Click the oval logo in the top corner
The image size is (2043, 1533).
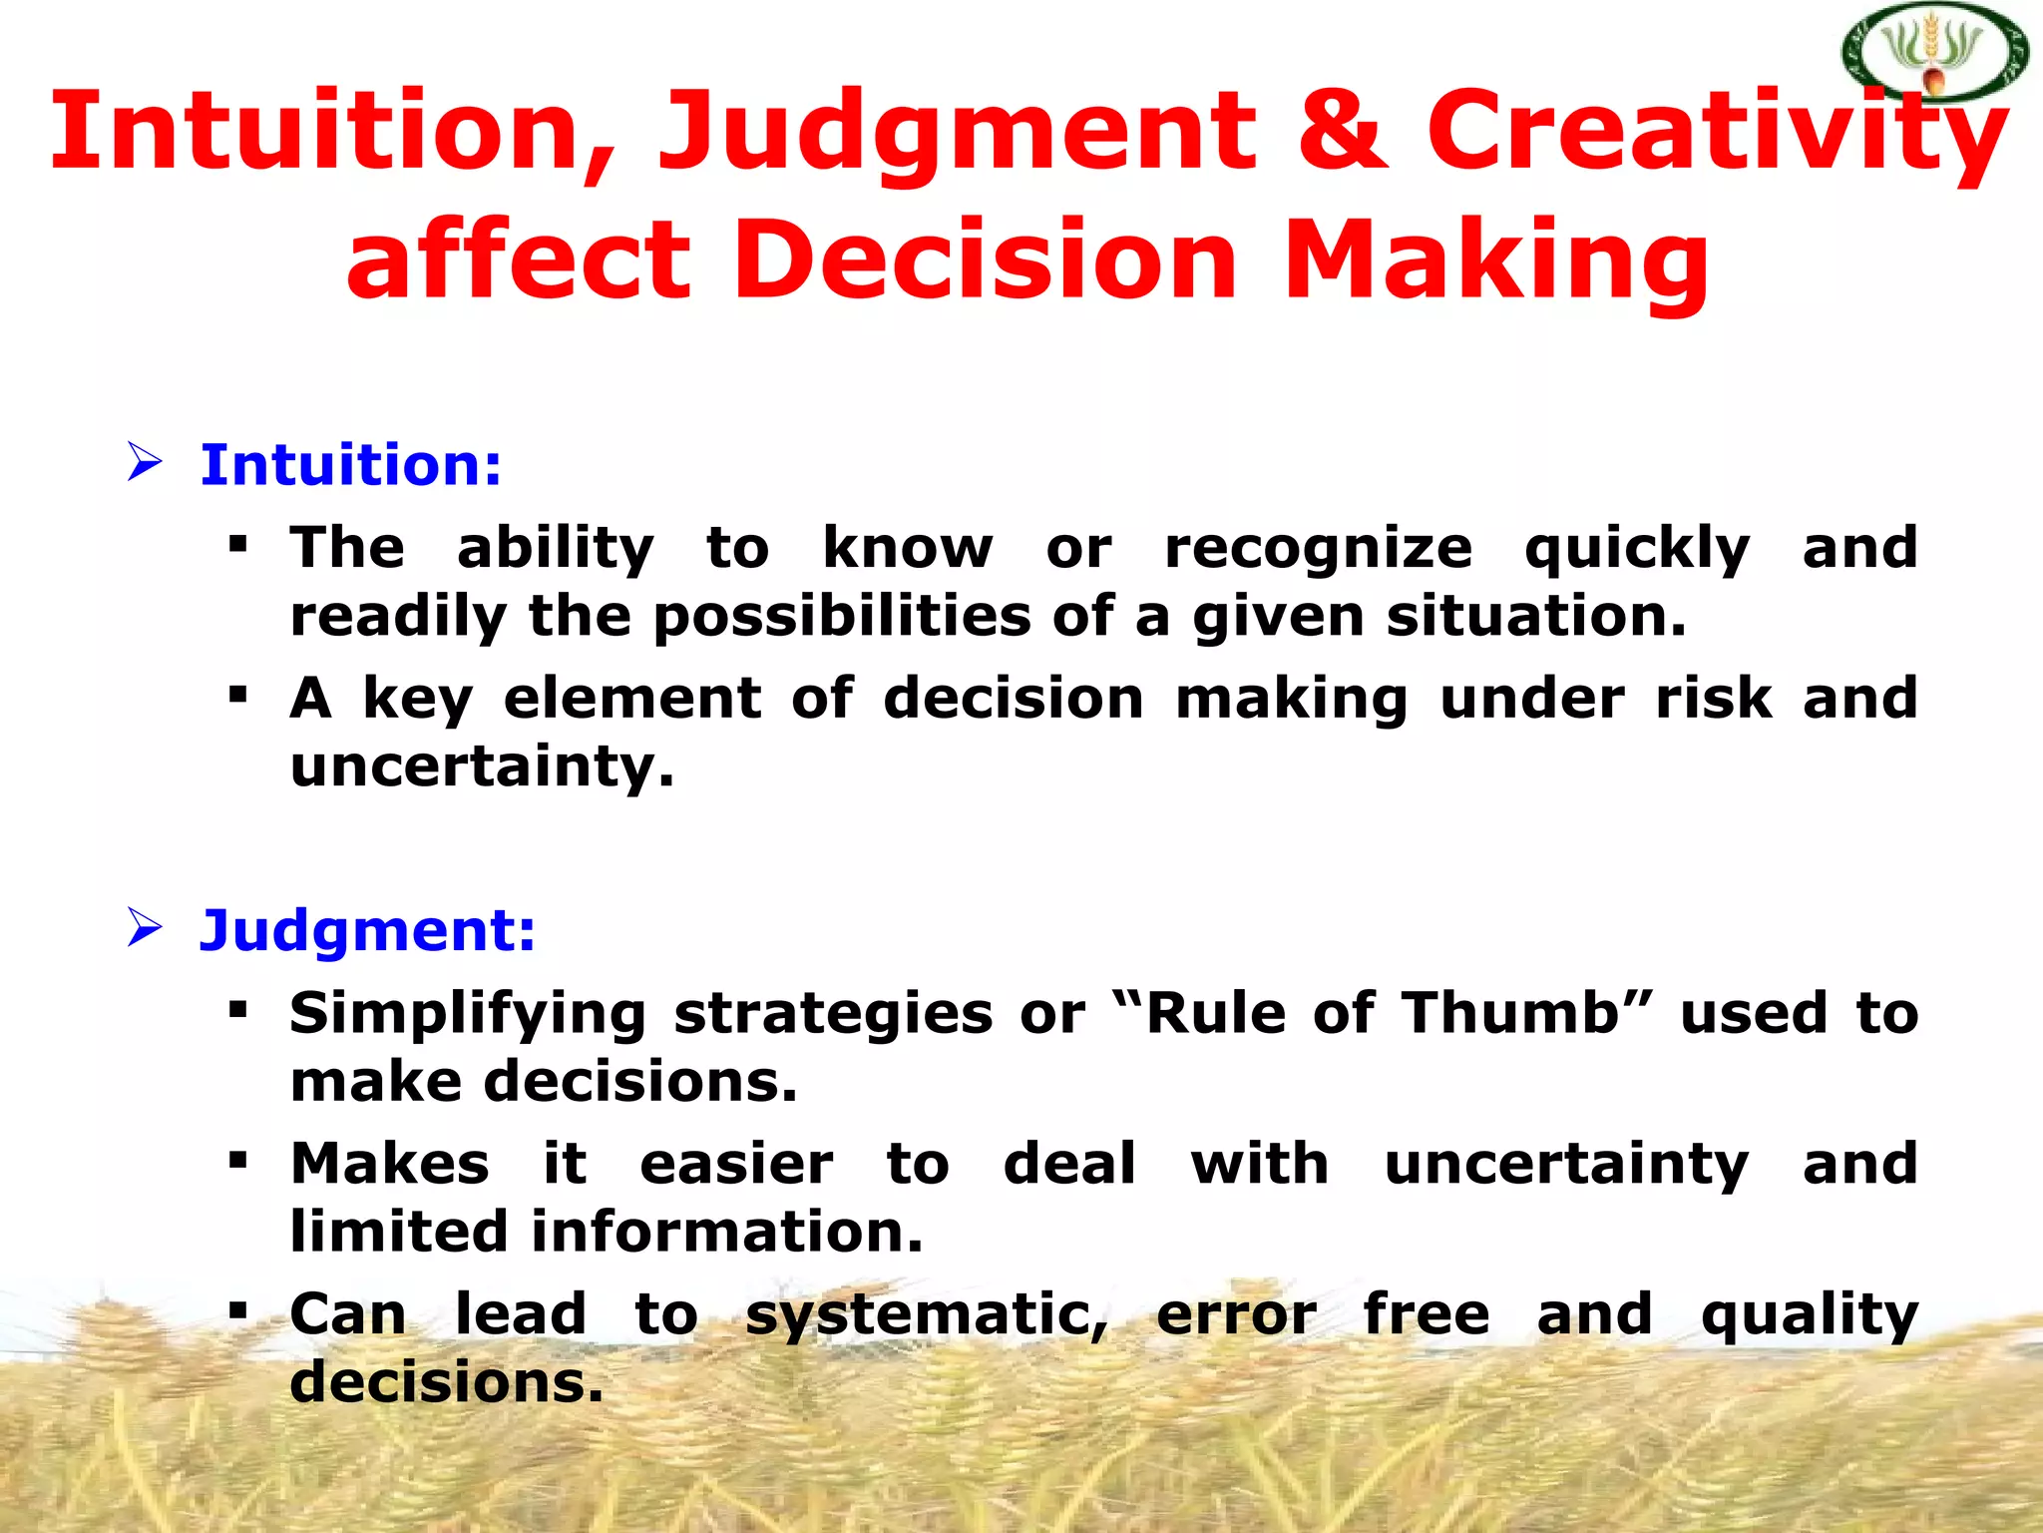click(x=1935, y=53)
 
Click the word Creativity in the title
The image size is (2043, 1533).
click(x=1716, y=135)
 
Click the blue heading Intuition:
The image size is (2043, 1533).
click(x=350, y=465)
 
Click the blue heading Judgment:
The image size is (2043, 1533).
click(x=367, y=930)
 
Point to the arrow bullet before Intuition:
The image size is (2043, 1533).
click(x=145, y=463)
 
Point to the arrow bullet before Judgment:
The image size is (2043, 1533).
click(x=145, y=928)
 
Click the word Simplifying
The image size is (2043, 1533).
click(x=467, y=1015)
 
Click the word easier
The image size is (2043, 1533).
click(x=736, y=1164)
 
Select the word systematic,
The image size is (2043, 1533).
click(x=927, y=1315)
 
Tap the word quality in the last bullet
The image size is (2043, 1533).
click(x=1809, y=1315)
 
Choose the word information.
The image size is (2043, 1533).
click(x=726, y=1232)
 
